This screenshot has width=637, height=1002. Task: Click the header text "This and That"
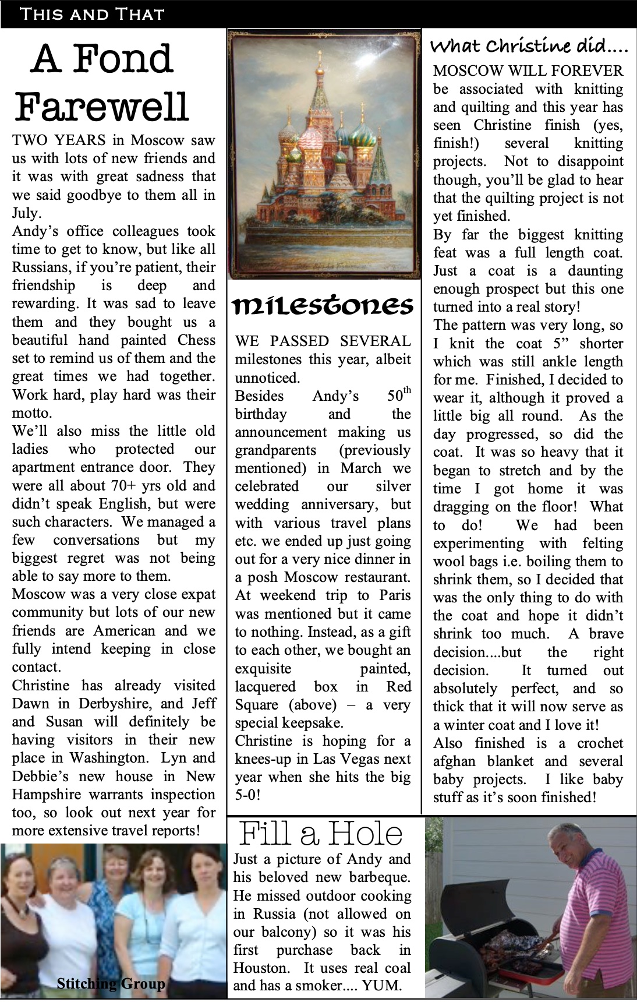coord(92,14)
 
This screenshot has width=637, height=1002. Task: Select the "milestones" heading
coord(324,305)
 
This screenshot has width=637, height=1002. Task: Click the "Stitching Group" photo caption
coord(111,983)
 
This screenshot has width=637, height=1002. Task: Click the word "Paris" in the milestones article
coord(396,595)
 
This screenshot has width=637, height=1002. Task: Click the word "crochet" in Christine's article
coord(600,743)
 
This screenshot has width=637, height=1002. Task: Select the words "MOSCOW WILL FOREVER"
coord(528,71)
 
